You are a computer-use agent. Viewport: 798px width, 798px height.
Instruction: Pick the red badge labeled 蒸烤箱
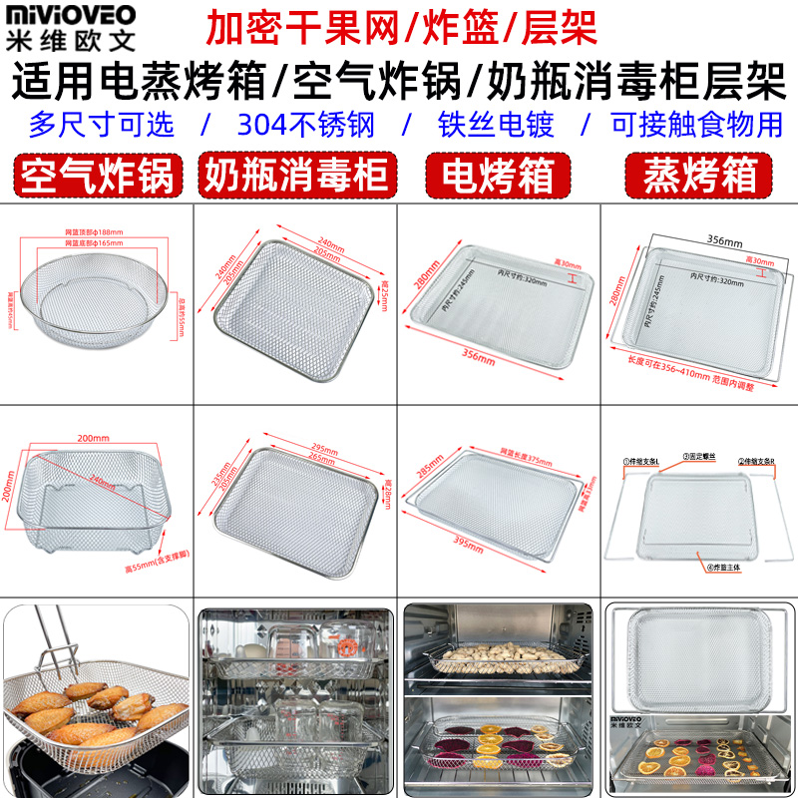[698, 177]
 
